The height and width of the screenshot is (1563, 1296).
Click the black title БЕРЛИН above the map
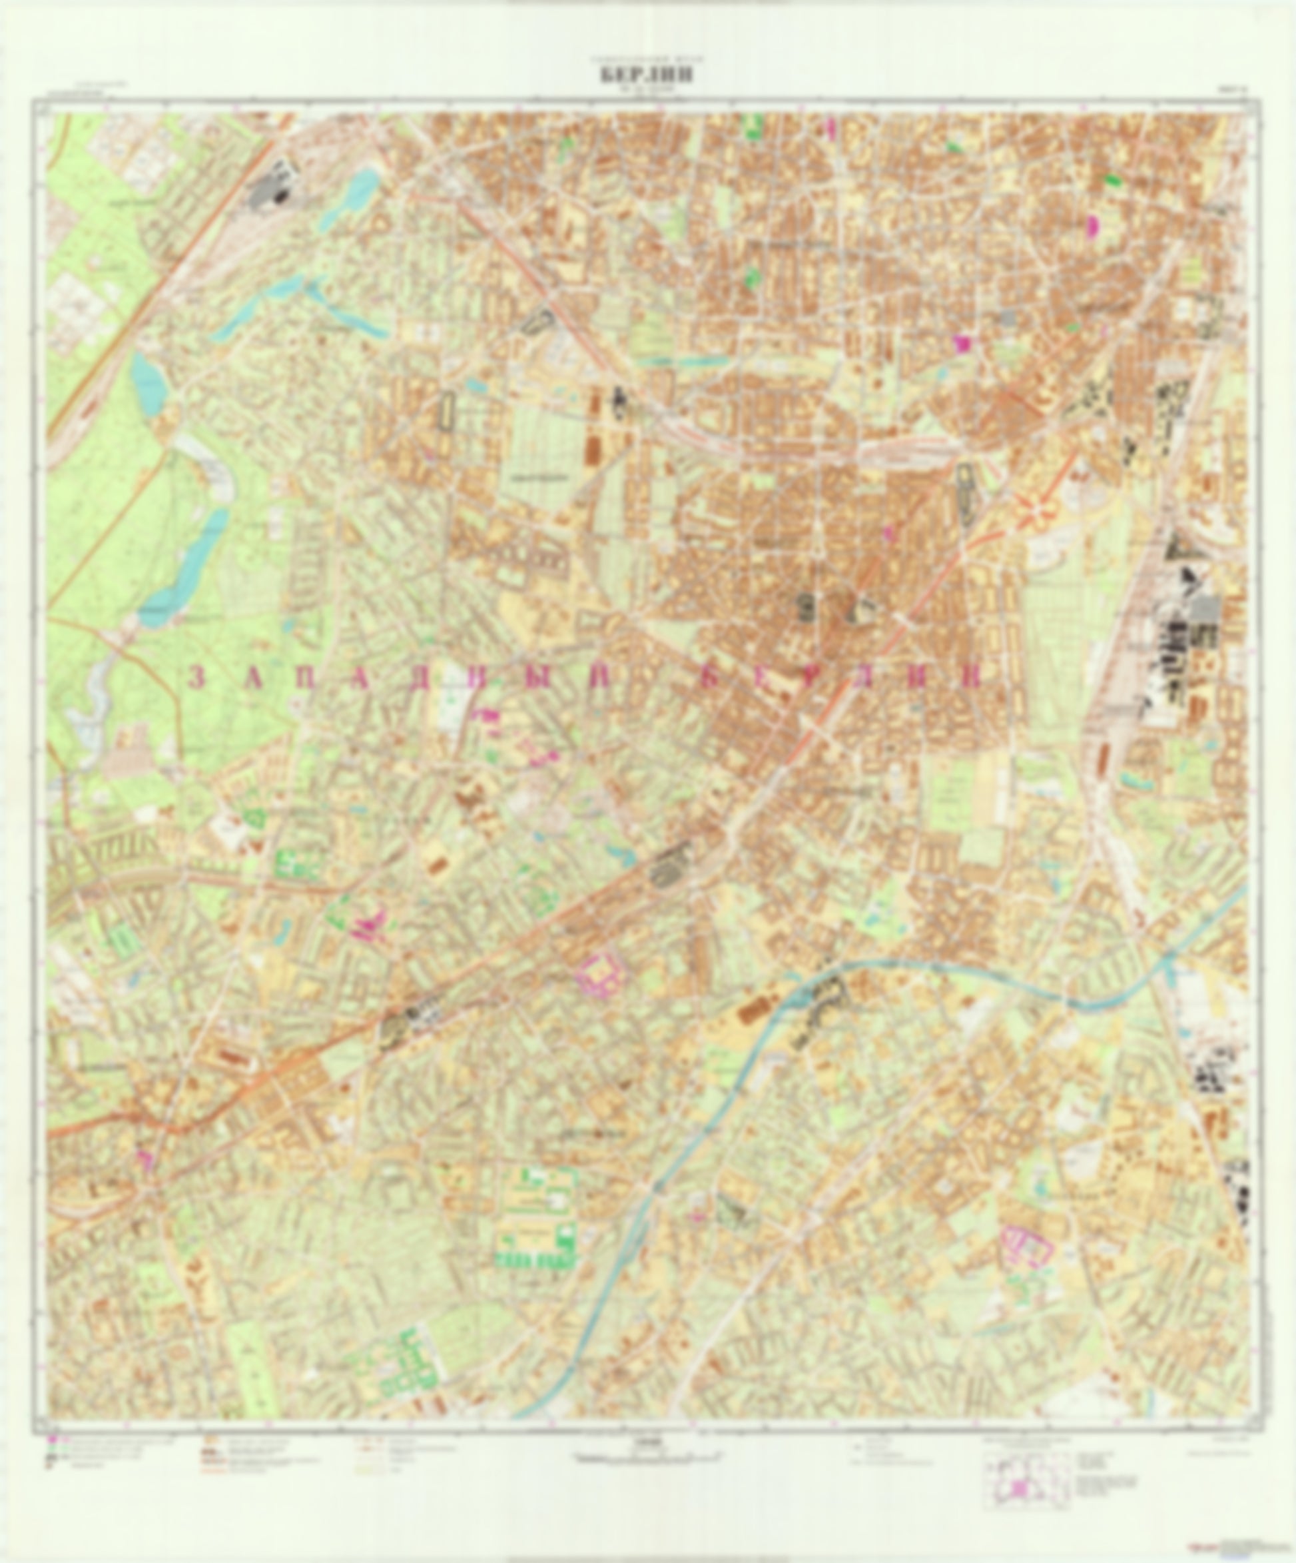(647, 76)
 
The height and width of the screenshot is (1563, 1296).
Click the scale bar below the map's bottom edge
(648, 1457)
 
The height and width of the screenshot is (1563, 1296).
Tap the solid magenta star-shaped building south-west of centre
(367, 927)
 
